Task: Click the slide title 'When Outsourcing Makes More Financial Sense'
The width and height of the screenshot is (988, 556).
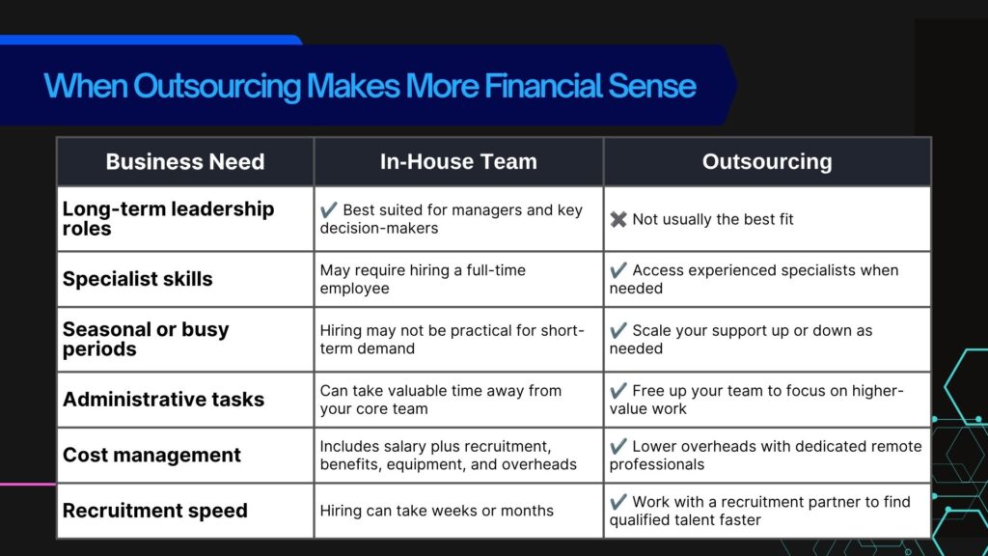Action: [x=370, y=86]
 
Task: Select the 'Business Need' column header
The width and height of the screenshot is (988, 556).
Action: [x=185, y=161]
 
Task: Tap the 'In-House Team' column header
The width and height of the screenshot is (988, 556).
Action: [x=458, y=161]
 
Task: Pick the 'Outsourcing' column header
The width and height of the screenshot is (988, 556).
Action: [x=767, y=161]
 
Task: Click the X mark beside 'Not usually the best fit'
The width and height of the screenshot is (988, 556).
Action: [x=618, y=219]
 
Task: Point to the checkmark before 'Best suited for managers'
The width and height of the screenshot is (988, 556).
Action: [x=328, y=209]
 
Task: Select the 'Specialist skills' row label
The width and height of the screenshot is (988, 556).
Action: [x=137, y=279]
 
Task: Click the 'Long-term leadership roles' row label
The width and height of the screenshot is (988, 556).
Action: [x=168, y=218]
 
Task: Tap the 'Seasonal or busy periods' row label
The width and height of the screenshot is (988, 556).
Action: [x=146, y=339]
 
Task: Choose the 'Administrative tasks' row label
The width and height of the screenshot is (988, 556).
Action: [x=163, y=399]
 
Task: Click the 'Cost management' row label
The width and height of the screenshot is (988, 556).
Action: [x=151, y=455]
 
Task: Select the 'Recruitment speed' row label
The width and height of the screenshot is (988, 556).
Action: [x=155, y=510]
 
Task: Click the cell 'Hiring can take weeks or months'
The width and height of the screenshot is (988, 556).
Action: [x=437, y=511]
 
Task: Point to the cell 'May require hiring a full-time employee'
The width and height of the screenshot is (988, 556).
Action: [x=423, y=279]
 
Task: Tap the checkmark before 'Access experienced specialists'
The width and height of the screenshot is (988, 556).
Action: [x=618, y=270]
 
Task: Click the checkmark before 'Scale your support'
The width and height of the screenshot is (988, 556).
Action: [x=618, y=330]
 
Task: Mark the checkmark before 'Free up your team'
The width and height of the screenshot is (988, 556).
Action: [x=618, y=390]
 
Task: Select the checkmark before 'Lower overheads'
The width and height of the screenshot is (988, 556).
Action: [x=618, y=446]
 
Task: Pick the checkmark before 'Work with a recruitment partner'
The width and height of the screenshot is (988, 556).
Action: [x=618, y=502]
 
